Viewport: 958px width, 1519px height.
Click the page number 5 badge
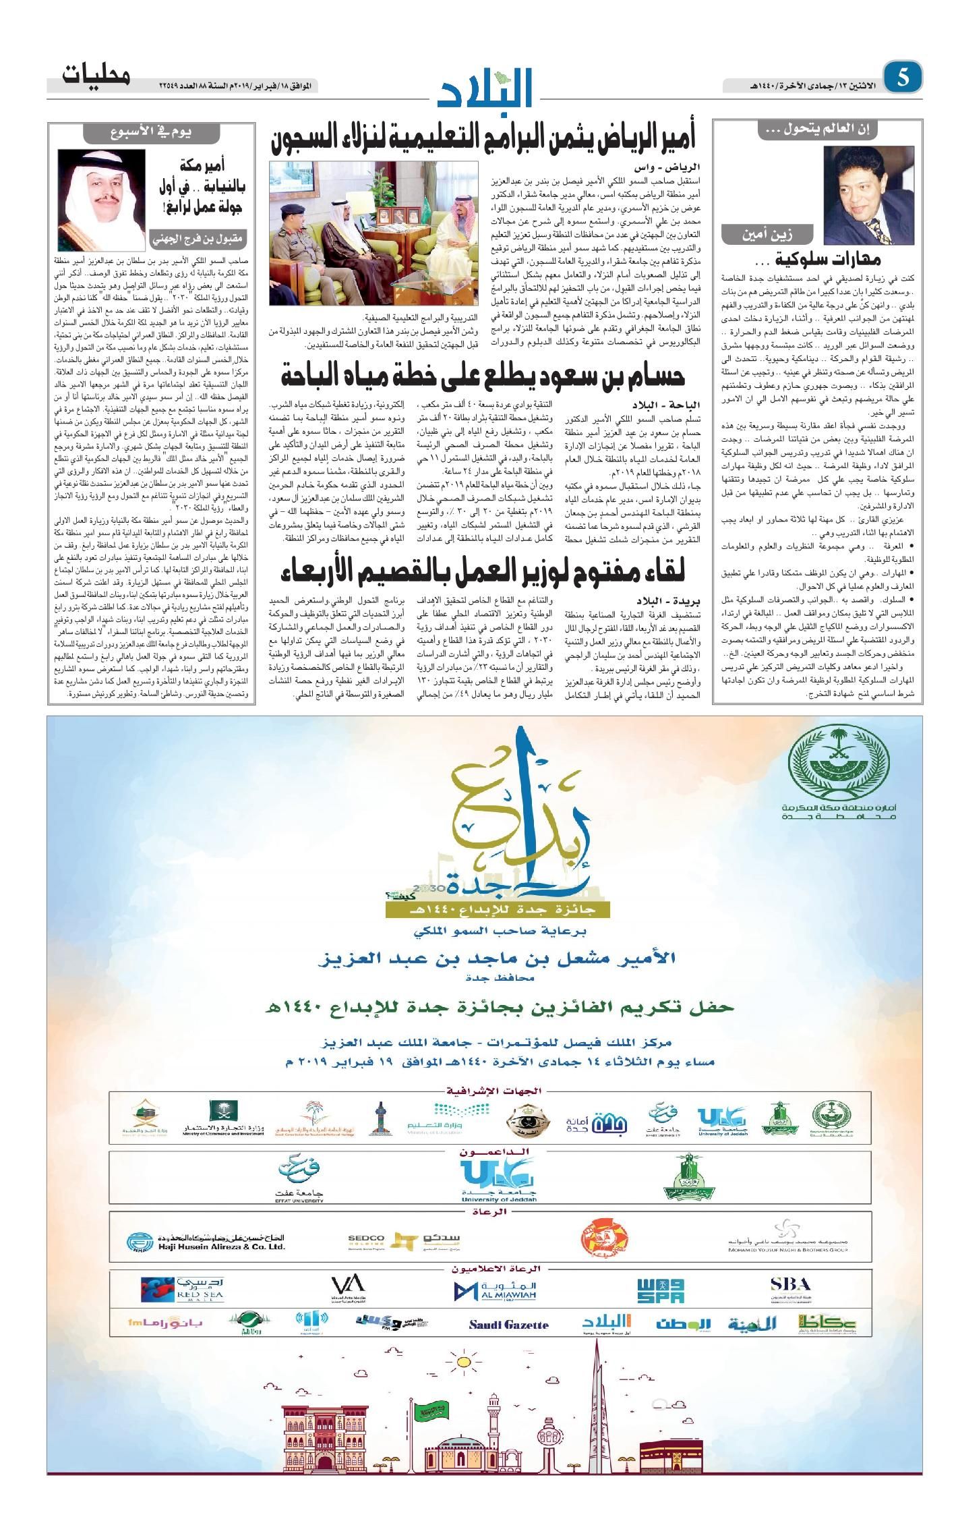pos(903,78)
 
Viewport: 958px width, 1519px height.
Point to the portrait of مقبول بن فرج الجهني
pos(101,192)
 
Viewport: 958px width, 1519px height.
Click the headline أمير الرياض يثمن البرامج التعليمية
pos(483,140)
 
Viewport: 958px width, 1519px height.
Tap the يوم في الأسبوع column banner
pos(152,133)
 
